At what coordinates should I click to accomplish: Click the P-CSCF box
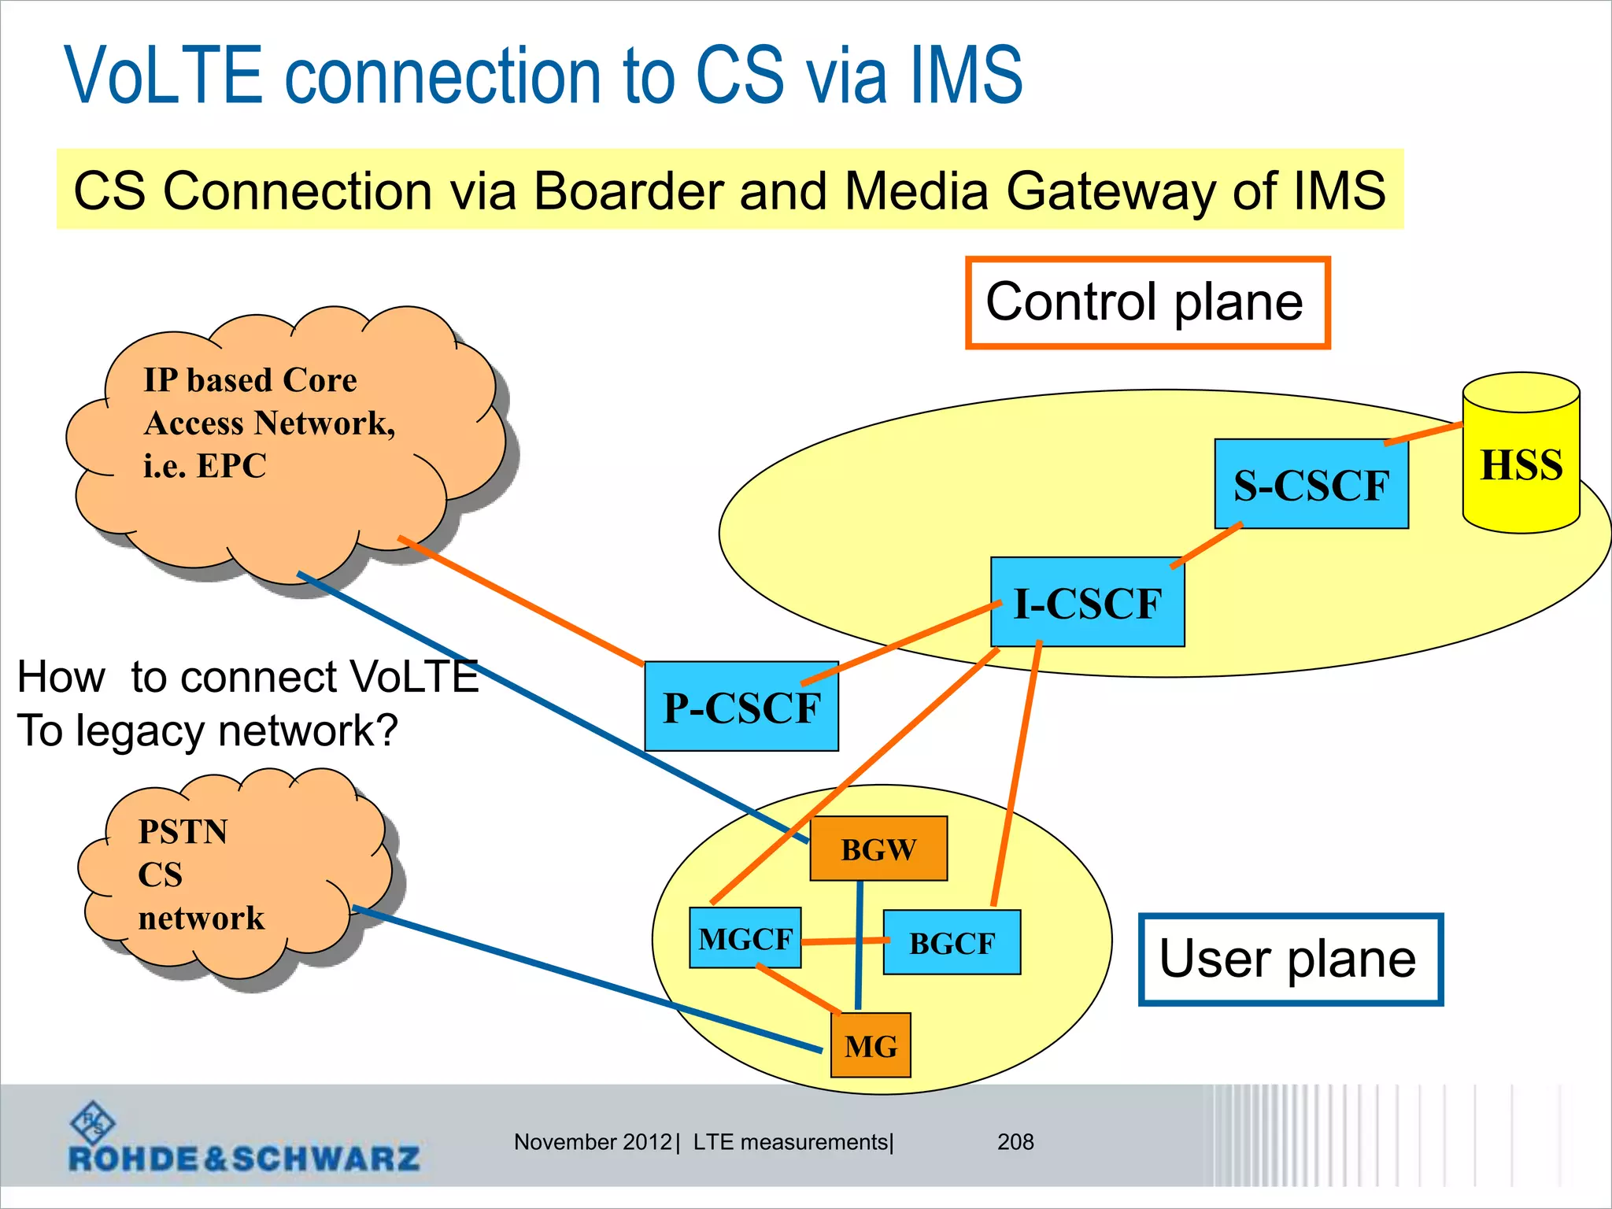[741, 706]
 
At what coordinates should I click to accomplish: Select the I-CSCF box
[1087, 602]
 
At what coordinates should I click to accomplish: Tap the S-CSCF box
[1311, 484]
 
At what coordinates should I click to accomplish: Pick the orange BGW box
[878, 849]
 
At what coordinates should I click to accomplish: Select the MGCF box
[745, 937]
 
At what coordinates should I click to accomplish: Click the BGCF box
[952, 942]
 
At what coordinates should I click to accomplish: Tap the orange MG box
[871, 1045]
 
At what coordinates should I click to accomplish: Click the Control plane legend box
[1147, 302]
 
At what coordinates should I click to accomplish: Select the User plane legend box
[1290, 959]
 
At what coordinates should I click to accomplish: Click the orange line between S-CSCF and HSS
[1423, 434]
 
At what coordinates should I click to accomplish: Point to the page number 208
[1015, 1141]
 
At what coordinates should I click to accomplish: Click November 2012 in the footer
[592, 1141]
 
